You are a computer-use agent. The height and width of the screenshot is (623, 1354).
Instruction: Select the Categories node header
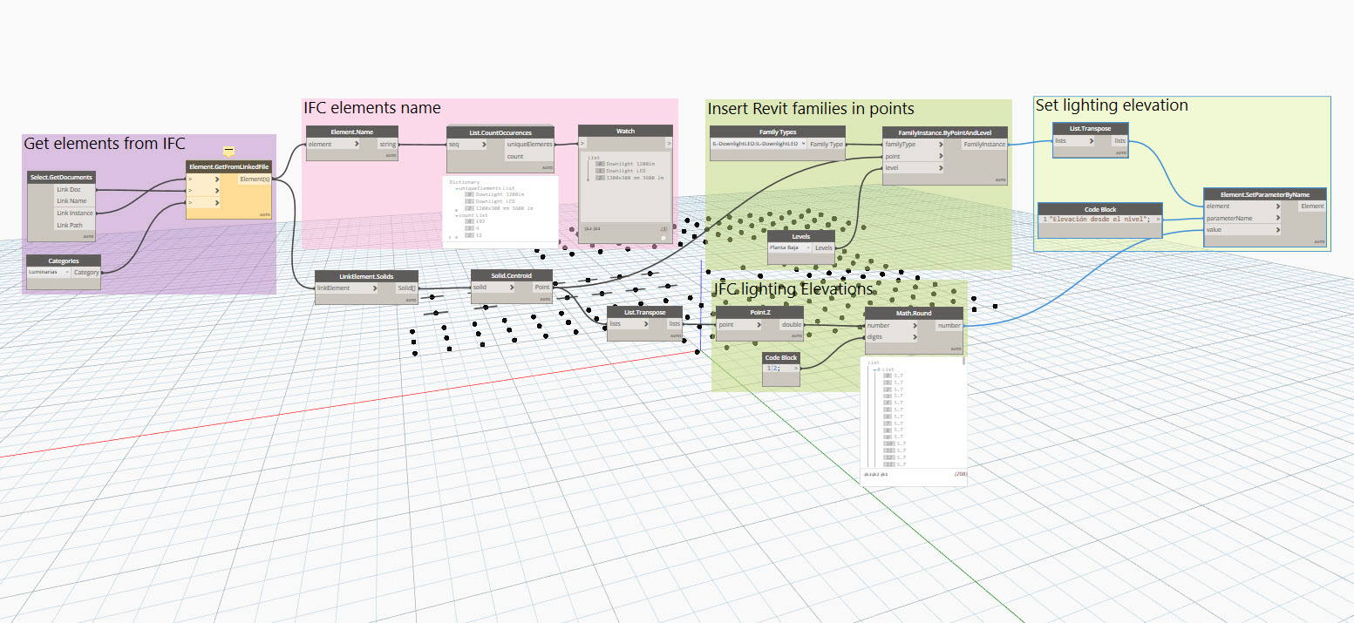click(64, 261)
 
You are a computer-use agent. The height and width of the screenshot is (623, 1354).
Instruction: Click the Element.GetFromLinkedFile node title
click(228, 166)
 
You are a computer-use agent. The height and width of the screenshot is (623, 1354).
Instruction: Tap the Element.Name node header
click(352, 131)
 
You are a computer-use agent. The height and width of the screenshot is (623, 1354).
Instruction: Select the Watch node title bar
click(625, 131)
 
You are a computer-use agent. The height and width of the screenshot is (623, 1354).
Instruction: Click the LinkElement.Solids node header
click(366, 275)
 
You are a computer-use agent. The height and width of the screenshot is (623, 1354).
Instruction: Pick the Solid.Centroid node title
click(511, 274)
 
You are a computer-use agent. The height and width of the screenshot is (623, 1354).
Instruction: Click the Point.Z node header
click(759, 312)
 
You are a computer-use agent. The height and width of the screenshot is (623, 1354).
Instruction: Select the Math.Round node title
click(914, 313)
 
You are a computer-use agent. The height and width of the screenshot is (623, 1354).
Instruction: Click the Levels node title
click(800, 236)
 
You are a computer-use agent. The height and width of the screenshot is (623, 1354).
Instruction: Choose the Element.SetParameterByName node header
click(1264, 193)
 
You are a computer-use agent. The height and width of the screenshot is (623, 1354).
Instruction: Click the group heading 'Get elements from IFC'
click(104, 144)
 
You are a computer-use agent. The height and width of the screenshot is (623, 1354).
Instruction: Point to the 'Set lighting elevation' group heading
click(1112, 105)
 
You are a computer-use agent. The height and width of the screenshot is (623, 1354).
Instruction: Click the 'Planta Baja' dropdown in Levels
click(789, 247)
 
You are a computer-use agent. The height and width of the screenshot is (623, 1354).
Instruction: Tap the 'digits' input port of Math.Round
click(889, 337)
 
